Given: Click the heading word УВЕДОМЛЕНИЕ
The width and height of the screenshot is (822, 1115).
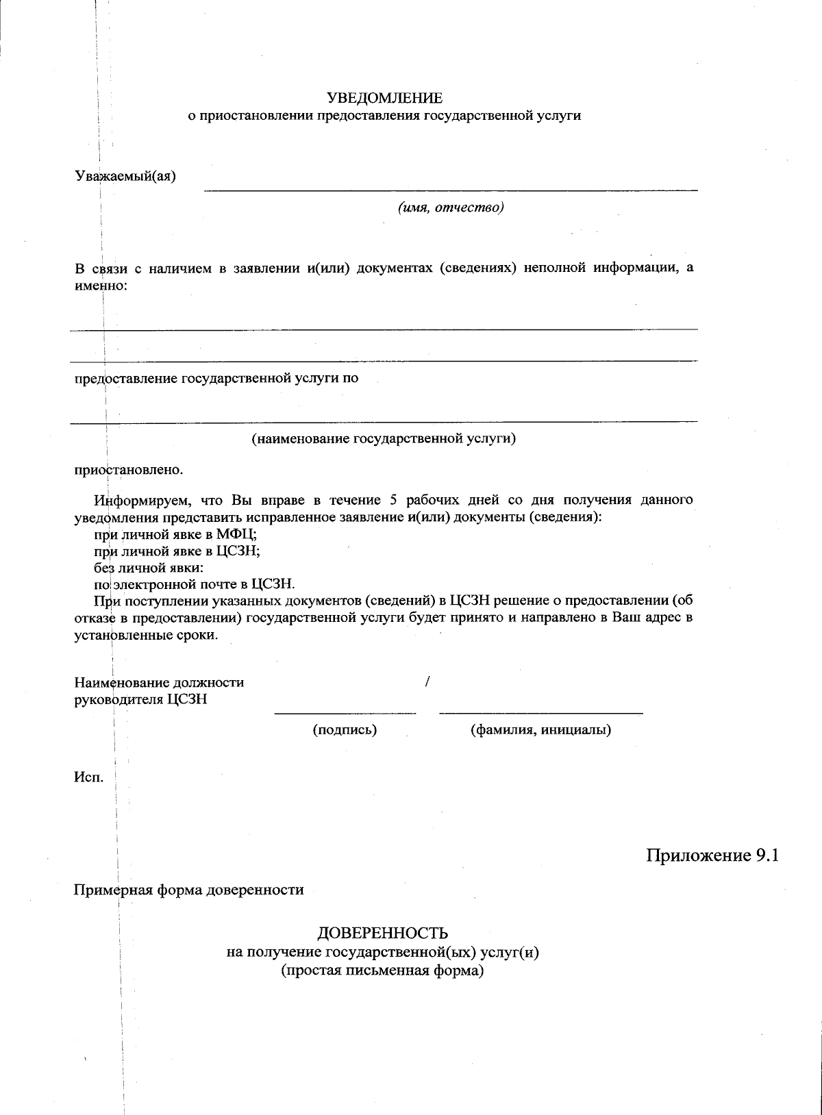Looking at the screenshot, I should click(x=384, y=99).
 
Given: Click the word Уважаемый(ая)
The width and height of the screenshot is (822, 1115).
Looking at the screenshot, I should click(x=125, y=176).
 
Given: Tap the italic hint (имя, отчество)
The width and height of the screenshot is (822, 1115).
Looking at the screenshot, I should click(x=451, y=208).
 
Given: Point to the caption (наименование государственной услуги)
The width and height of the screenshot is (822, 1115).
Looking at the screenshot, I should click(x=384, y=438).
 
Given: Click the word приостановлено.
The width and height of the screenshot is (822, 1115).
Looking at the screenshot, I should click(x=129, y=471).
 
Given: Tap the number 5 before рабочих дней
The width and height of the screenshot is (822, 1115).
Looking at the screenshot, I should click(x=393, y=499).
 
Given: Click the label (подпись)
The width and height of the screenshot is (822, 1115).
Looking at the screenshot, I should click(x=345, y=730).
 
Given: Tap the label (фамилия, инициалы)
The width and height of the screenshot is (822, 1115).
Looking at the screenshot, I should click(x=540, y=730).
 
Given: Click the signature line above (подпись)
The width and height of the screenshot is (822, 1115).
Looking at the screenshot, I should click(x=345, y=714).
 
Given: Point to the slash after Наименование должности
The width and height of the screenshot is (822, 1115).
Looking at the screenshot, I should click(x=427, y=682).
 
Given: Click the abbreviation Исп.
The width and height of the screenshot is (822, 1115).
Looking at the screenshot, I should click(x=88, y=777).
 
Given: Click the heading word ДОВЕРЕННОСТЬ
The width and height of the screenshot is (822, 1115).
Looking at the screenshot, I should click(x=383, y=933).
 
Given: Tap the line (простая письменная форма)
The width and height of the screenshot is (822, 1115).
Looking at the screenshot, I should click(x=383, y=971).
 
